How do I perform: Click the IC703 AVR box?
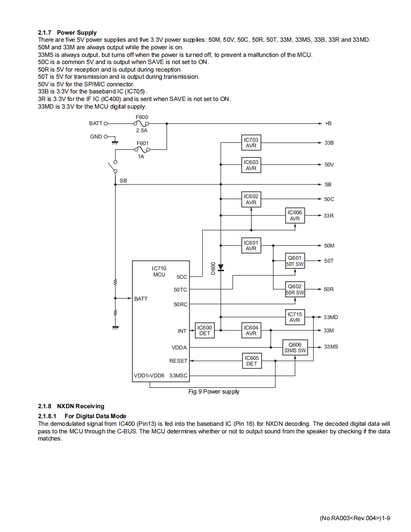point(251,143)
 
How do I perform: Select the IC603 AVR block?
point(251,165)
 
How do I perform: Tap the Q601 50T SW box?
point(295,261)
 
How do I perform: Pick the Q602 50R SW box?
point(295,289)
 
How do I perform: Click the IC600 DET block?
point(205,330)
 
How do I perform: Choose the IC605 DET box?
point(252,361)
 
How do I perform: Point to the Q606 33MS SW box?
point(295,347)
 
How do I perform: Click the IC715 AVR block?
point(295,317)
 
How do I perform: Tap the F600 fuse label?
point(142,117)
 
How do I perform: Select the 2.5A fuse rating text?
point(142,130)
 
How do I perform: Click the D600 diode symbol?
point(221,268)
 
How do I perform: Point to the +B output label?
point(328,123)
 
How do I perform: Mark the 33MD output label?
point(331,317)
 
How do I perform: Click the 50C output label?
point(329,199)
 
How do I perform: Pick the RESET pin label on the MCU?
point(178,361)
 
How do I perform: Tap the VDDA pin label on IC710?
point(179,348)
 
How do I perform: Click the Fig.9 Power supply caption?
point(214,392)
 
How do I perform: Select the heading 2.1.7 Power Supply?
point(67,33)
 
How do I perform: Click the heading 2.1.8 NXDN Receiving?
point(71,406)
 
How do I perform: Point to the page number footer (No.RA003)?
point(355,518)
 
